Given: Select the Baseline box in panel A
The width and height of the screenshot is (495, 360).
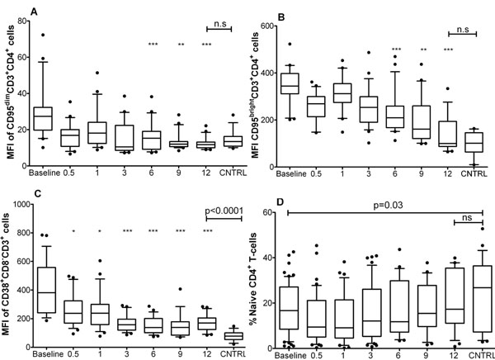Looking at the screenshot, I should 43,118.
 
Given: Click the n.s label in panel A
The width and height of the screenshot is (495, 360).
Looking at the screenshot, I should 220,27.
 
